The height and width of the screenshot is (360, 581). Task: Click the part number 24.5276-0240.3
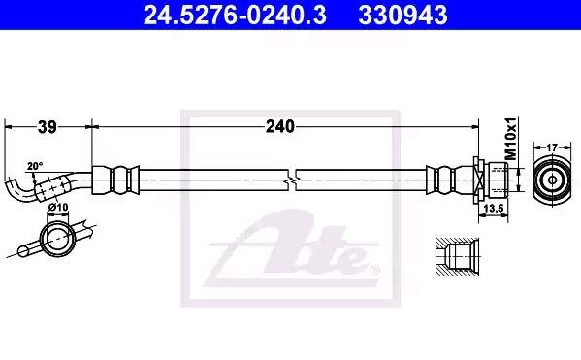tap(207, 16)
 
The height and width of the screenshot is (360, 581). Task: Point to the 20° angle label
tap(35, 166)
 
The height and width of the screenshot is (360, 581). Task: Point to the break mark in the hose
tap(294, 180)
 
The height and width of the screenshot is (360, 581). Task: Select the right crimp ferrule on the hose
tap(446, 180)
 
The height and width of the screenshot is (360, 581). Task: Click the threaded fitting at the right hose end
tap(490, 180)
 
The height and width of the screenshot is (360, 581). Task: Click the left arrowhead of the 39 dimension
tap(9, 126)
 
